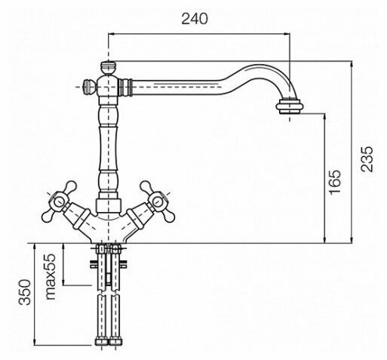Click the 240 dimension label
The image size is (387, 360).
pyautogui.click(x=195, y=19)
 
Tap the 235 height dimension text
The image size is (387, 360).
pyautogui.click(x=367, y=159)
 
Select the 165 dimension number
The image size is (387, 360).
pyautogui.click(x=335, y=182)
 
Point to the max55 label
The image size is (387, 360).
pyautogui.click(x=51, y=276)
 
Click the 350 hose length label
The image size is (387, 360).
pyautogui.click(x=25, y=292)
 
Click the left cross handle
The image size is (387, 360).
pyautogui.click(x=60, y=202)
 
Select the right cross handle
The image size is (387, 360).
pyautogui.click(x=157, y=202)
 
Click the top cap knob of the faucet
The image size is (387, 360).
pyautogui.click(x=108, y=68)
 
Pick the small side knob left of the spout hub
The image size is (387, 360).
pyautogui.click(x=89, y=87)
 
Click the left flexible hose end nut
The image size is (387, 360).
pyautogui.click(x=101, y=342)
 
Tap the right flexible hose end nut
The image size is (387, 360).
pyautogui.click(x=115, y=342)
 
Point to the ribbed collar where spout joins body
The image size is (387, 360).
pyautogui.click(x=126, y=87)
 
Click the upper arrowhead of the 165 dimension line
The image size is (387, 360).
pyautogui.click(x=325, y=116)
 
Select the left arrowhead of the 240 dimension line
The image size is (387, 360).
pyautogui.click(x=112, y=33)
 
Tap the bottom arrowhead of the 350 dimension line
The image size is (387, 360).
pyautogui.click(x=35, y=342)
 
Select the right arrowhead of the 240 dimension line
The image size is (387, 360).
pyautogui.click(x=287, y=33)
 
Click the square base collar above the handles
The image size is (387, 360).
pyautogui.click(x=109, y=206)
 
